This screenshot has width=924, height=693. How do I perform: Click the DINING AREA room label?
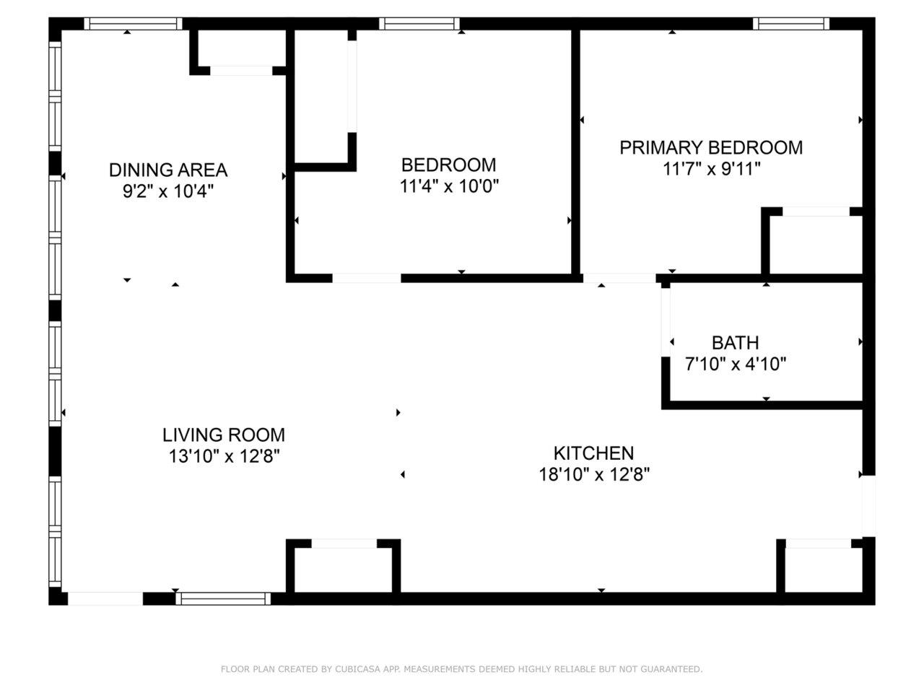point(167,170)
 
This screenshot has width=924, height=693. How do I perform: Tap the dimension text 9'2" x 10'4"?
point(167,191)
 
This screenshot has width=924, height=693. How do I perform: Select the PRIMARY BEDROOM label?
point(711,147)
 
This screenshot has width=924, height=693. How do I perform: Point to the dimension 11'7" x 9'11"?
point(711,169)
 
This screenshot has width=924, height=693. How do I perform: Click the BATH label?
point(735,342)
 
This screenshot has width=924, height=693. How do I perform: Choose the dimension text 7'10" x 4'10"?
point(735,364)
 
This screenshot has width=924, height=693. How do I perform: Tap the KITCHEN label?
point(593,453)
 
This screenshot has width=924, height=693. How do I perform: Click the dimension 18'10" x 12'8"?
point(593,474)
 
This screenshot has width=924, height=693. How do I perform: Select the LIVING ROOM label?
point(223,435)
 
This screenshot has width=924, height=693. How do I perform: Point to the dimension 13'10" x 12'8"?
point(223,456)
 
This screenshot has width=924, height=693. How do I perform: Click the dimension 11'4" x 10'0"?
point(449,186)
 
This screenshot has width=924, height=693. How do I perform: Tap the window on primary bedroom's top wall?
point(791,24)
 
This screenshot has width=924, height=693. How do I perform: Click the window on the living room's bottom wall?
point(223,598)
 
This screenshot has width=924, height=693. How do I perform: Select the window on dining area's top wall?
point(133,24)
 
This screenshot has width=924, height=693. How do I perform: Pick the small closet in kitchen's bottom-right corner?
point(820,570)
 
